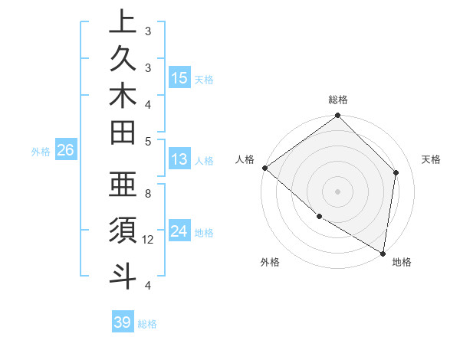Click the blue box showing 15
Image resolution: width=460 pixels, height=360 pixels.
pyautogui.click(x=179, y=78)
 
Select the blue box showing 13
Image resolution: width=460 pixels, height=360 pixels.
pyautogui.click(x=179, y=160)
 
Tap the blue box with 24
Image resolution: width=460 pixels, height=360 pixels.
pyautogui.click(x=179, y=231)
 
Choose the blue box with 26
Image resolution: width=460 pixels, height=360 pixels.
pyautogui.click(x=65, y=151)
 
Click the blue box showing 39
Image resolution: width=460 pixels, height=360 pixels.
pyautogui.click(x=122, y=322)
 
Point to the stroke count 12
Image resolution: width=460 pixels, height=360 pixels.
pyautogui.click(x=149, y=240)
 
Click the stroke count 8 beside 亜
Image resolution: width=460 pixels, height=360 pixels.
pyautogui.click(x=148, y=194)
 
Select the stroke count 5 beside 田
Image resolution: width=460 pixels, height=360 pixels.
pyautogui.click(x=148, y=141)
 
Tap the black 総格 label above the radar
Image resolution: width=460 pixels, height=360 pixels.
pyautogui.click(x=338, y=100)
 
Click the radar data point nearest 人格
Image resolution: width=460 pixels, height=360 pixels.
pyautogui.click(x=264, y=168)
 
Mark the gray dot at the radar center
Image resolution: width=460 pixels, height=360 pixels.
pyautogui.click(x=337, y=191)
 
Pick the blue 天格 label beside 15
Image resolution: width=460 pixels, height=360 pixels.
pyautogui.click(x=204, y=79)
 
